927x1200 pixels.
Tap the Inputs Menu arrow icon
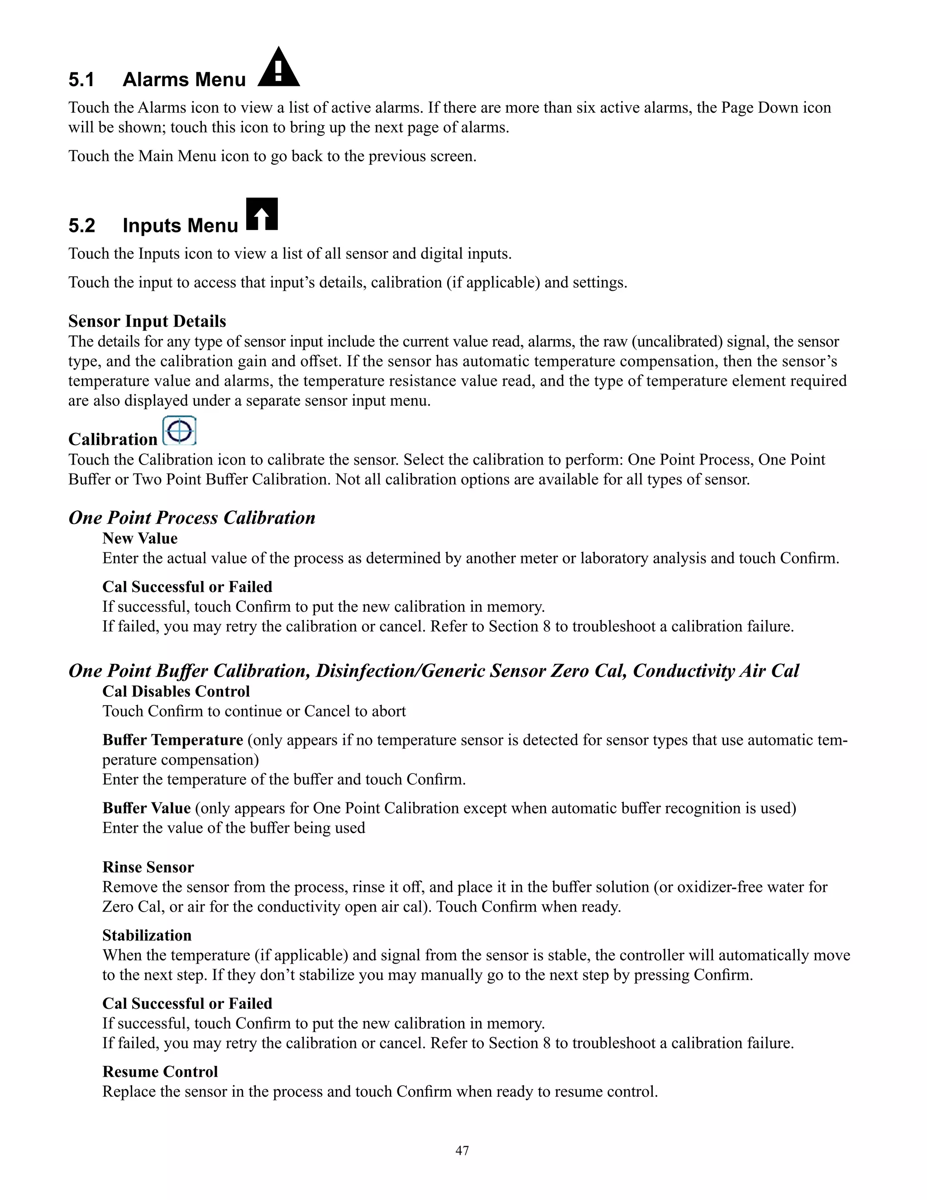click(262, 214)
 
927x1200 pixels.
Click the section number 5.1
click(81, 80)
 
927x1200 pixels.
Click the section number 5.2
click(81, 226)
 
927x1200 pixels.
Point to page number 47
click(463, 1151)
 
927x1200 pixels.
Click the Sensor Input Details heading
click(147, 322)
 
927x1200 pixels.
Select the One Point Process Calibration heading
click(191, 518)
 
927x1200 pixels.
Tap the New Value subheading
click(139, 538)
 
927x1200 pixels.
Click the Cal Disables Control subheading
click(176, 692)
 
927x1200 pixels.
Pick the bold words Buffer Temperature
click(172, 740)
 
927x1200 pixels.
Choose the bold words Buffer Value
click(146, 808)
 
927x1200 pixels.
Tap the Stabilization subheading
click(147, 936)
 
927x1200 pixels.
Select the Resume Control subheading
click(160, 1072)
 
